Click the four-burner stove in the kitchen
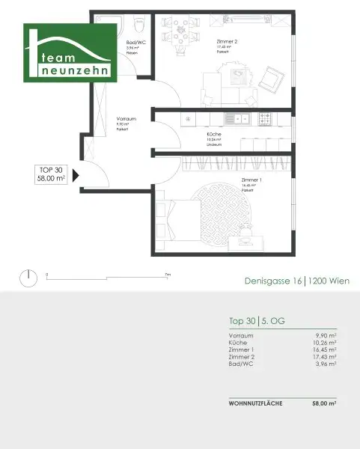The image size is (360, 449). coord(264,118)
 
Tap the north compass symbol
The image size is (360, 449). coord(28,278)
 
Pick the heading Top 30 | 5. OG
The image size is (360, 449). coord(257,321)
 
